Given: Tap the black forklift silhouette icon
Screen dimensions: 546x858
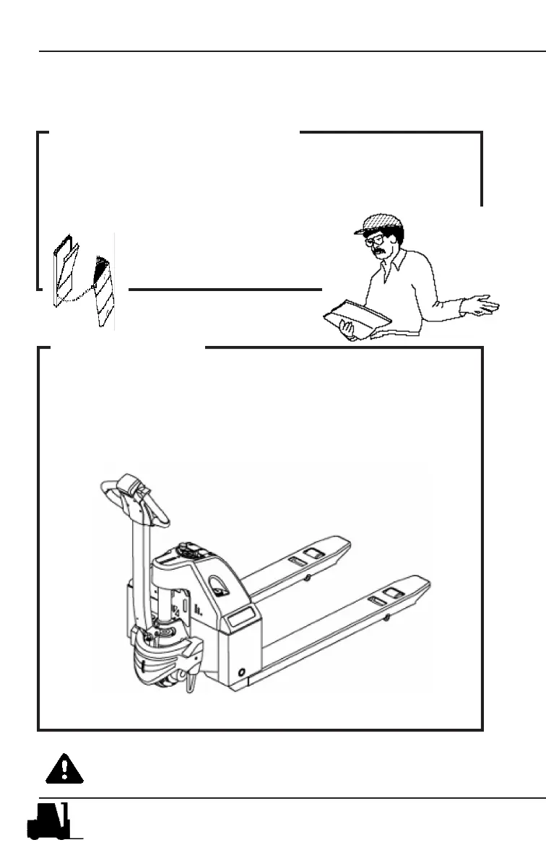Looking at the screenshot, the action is point(49,821).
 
